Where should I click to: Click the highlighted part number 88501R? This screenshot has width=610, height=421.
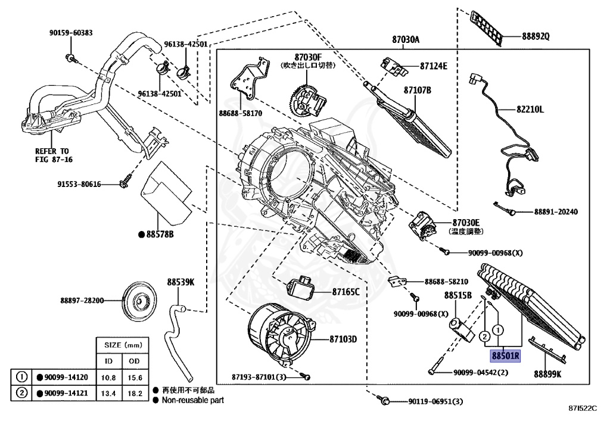point(505,356)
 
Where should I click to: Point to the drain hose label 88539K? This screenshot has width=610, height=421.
point(180,282)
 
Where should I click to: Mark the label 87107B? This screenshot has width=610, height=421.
point(417,91)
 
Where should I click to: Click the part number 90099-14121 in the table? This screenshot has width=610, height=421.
point(62,393)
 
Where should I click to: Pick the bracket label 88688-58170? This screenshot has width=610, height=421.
point(240,113)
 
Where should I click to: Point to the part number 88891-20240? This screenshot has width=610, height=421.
point(556,212)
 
